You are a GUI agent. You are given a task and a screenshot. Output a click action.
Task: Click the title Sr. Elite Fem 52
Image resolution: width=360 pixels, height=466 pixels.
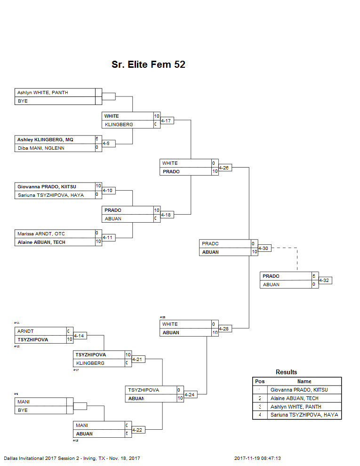[148, 64]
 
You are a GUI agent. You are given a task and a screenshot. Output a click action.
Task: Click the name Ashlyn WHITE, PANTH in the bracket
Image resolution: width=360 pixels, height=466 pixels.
[42, 93]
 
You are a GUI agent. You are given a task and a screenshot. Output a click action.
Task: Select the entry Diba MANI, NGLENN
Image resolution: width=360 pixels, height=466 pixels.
[41, 148]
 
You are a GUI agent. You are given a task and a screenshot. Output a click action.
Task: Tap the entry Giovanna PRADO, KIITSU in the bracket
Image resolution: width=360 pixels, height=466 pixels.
[47, 187]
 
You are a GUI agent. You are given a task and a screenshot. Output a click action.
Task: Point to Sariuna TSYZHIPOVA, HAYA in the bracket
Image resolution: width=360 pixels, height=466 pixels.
[50, 195]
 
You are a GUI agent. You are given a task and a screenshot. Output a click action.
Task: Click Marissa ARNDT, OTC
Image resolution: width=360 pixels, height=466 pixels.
[41, 233]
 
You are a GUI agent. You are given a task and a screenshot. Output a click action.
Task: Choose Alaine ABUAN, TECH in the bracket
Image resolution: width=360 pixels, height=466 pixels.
[41, 242]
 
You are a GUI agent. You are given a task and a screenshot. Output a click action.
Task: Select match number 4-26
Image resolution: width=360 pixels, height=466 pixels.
[225, 168]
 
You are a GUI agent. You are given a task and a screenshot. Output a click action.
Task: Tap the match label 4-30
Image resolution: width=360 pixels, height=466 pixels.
[264, 248]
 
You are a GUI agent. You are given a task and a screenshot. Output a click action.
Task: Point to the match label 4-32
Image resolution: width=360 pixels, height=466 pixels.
[325, 281]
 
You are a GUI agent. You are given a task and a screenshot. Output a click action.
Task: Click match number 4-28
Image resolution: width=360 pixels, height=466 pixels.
[225, 329]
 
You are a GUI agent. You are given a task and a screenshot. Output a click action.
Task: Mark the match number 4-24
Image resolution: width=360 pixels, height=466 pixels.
[190, 394]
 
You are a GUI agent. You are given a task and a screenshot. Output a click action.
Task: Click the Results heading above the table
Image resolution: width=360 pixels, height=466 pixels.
[286, 372]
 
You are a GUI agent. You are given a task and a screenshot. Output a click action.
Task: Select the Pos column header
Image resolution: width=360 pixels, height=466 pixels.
[259, 381]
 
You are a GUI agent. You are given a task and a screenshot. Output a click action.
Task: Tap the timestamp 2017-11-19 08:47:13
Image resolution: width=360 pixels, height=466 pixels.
[261, 458]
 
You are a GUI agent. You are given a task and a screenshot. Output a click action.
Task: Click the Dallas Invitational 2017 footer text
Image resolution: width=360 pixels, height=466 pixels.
[72, 458]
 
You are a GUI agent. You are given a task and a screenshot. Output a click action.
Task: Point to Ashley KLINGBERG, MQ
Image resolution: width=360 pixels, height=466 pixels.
[45, 140]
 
